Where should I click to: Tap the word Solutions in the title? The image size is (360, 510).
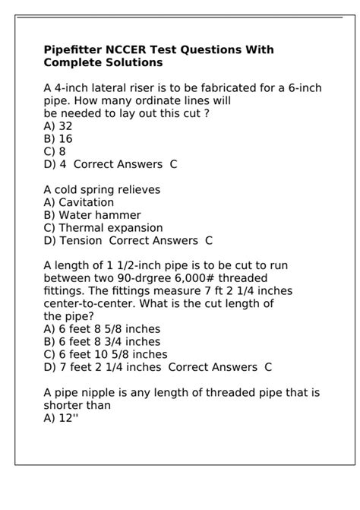pos(131,62)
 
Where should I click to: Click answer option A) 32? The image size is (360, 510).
pos(58,126)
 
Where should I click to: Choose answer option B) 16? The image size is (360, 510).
pos(58,138)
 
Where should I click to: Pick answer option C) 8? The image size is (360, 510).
pos(55,151)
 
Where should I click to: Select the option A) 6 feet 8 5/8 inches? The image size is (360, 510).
pos(102,329)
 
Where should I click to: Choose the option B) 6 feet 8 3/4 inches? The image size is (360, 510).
pos(102,342)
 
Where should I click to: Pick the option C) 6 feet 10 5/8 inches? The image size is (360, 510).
pos(106,354)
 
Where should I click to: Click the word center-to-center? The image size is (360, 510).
pos(88,304)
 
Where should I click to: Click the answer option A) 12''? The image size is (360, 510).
pos(62,418)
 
